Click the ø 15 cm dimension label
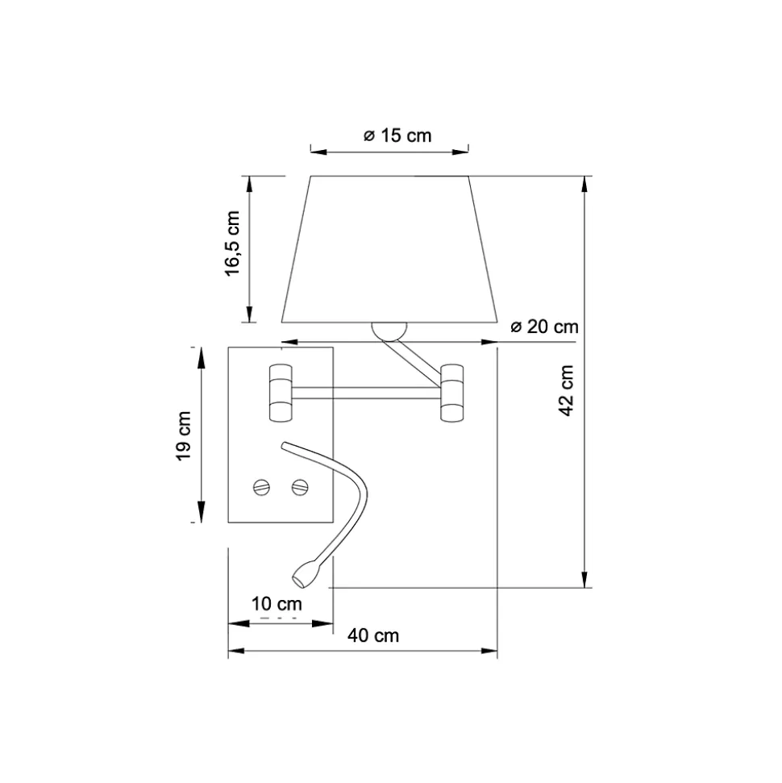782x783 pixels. tap(397, 135)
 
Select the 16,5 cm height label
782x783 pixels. tap(232, 244)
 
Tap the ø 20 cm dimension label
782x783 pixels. tap(544, 327)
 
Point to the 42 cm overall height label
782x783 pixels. tap(567, 390)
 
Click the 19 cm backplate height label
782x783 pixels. tap(184, 436)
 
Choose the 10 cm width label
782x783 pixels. tap(277, 604)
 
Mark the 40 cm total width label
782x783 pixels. tap(373, 635)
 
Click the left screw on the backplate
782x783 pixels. tap(262, 486)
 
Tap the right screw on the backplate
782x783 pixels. tap(300, 486)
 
